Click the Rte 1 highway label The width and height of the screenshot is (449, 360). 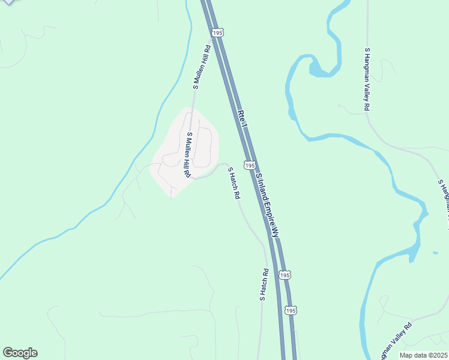243,119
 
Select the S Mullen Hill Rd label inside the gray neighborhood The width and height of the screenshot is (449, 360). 188,155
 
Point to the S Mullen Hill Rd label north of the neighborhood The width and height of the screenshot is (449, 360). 200,67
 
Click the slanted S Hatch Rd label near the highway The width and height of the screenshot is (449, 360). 234,183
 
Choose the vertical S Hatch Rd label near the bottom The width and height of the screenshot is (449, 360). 263,284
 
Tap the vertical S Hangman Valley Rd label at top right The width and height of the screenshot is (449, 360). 366,79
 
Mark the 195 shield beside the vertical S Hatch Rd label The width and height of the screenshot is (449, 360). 285,275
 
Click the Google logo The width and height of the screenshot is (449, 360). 20,353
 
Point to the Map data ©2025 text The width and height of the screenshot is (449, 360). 423,355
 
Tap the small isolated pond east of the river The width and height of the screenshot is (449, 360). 435,253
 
